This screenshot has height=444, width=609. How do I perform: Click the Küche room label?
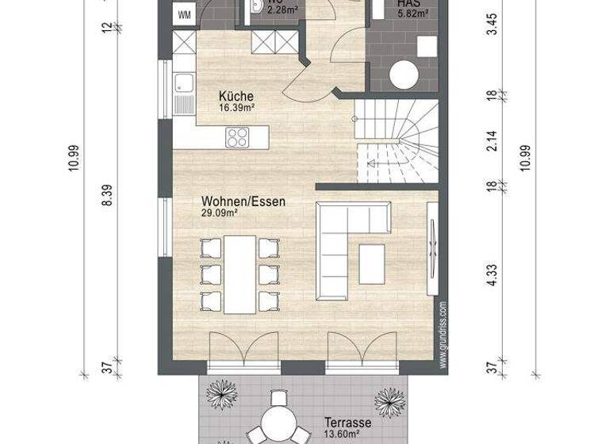[236, 96]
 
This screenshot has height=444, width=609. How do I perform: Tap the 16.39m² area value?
[236, 106]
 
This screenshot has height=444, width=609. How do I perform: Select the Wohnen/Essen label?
[243, 202]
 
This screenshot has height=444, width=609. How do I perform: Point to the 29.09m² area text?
[220, 213]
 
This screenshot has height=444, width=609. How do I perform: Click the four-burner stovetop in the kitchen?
[237, 136]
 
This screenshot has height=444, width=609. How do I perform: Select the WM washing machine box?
[184, 15]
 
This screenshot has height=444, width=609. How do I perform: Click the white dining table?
[239, 274]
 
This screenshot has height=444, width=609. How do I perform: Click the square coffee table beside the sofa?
[371, 263]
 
